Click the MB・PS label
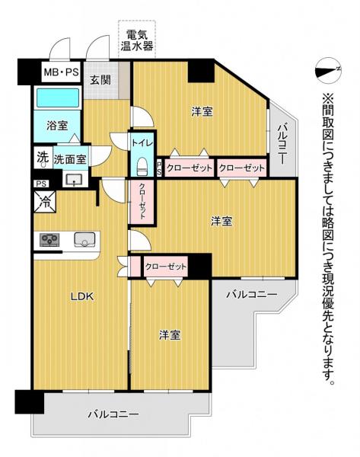(x=61, y=72)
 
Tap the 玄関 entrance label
(x=100, y=79)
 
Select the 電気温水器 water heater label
(x=137, y=40)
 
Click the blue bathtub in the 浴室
(x=58, y=97)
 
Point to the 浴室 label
(x=57, y=126)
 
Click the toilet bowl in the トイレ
(x=142, y=166)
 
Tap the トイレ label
(x=142, y=143)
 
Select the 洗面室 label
(x=70, y=159)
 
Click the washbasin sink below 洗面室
(x=75, y=179)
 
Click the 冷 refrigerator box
(x=45, y=201)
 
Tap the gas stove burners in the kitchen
(x=49, y=240)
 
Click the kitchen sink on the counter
(x=84, y=240)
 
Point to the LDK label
(x=82, y=296)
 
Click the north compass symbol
(x=328, y=71)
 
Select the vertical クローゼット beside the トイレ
(x=142, y=201)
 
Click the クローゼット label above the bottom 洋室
(x=165, y=267)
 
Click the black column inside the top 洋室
(x=201, y=72)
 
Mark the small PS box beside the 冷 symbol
(x=41, y=184)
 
